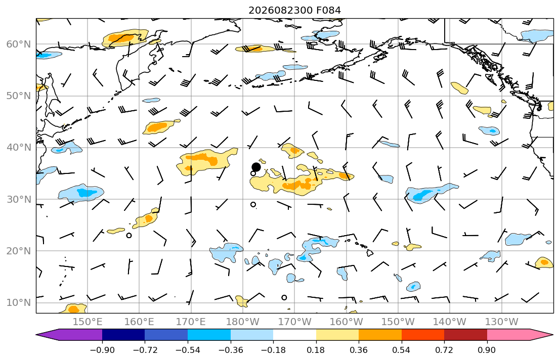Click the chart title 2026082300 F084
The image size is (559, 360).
pyautogui.click(x=294, y=10)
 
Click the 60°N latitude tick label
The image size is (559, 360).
pyautogui.click(x=19, y=44)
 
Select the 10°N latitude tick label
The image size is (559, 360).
pyautogui.click(x=19, y=303)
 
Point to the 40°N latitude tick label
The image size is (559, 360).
pyautogui.click(x=19, y=148)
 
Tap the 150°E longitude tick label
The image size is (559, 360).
pyautogui.click(x=88, y=322)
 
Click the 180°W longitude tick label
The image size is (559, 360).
pyautogui.click(x=243, y=322)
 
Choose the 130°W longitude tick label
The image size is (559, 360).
pyautogui.click(x=502, y=322)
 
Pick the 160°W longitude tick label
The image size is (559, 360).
pyautogui.click(x=346, y=322)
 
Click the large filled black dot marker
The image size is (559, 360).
pyautogui.click(x=256, y=167)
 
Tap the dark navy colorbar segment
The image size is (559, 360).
pyautogui.click(x=123, y=335)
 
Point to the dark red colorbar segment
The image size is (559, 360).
pyautogui.click(x=465, y=335)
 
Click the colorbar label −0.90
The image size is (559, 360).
pyautogui.click(x=102, y=350)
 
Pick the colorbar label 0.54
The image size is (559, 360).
pyautogui.click(x=402, y=350)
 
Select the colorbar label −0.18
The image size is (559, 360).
pyautogui.click(x=273, y=350)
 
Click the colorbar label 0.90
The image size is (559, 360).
pyautogui.click(x=487, y=350)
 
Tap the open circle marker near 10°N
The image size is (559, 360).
pyautogui.click(x=284, y=297)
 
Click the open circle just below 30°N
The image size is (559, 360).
pyautogui.click(x=253, y=205)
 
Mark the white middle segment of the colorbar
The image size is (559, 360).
pyautogui.click(x=294, y=335)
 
